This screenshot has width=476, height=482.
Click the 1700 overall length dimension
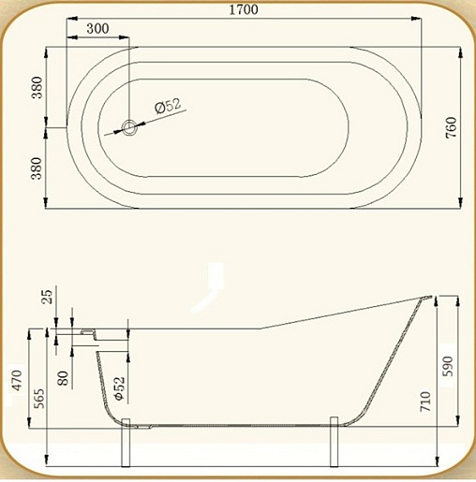pyautogui.click(x=244, y=9)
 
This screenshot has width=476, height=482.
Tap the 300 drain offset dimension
pyautogui.click(x=97, y=28)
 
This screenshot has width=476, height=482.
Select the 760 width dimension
pyautogui.click(x=452, y=127)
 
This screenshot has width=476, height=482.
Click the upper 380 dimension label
pyautogui.click(x=37, y=87)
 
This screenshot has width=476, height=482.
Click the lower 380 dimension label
pyautogui.click(x=37, y=168)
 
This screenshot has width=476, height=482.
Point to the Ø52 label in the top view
pyautogui.click(x=168, y=106)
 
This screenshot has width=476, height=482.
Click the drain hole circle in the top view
pyautogui.click(x=129, y=128)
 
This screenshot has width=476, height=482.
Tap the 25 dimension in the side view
pyautogui.click(x=47, y=297)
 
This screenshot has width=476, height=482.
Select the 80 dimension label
pyautogui.click(x=63, y=378)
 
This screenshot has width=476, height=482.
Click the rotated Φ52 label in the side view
pyautogui.click(x=120, y=388)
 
